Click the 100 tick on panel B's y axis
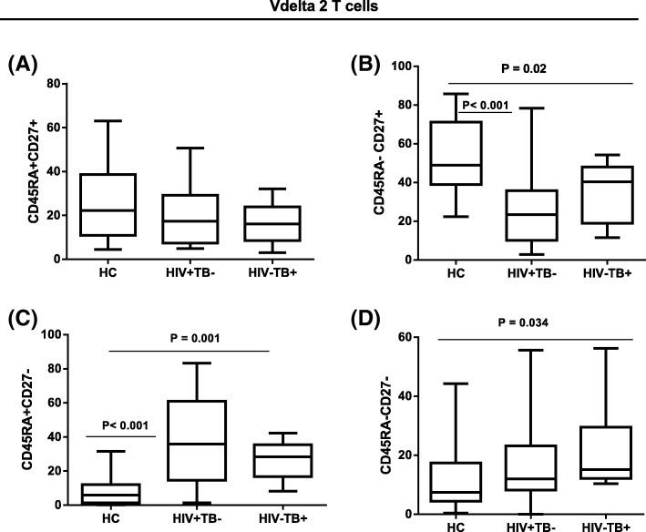click(396, 66)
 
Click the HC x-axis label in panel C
click(108, 519)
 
